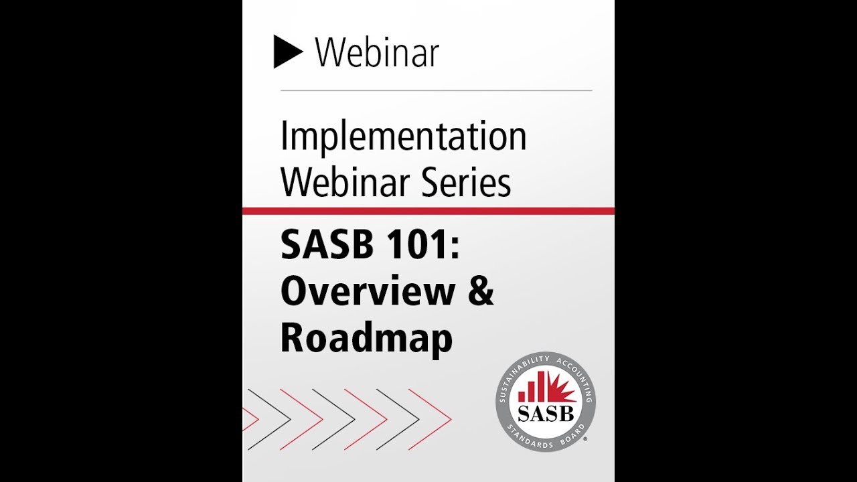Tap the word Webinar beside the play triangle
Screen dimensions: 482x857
coord(376,52)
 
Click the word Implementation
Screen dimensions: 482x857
coord(403,137)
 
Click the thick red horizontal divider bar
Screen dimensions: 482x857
coord(428,212)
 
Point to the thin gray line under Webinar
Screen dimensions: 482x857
coord(436,90)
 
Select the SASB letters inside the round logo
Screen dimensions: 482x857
coord(546,414)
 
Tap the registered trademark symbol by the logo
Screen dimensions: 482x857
coord(586,440)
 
